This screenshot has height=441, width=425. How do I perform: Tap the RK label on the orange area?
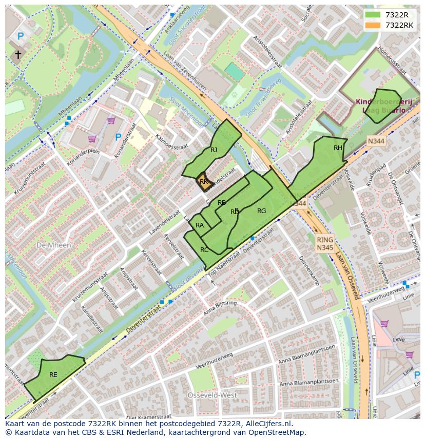(204, 182)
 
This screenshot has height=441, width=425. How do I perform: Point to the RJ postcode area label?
(214, 150)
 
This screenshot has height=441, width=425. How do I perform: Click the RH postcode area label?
(338, 148)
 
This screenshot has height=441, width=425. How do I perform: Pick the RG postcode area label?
(262, 211)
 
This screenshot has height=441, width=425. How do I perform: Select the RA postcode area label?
(200, 225)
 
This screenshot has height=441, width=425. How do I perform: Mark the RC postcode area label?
(204, 250)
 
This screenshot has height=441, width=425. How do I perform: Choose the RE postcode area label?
(53, 375)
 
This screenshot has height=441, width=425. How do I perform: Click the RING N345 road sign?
(325, 244)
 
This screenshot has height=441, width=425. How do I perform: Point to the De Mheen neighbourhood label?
(54, 245)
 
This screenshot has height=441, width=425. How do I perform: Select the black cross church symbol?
(18, 54)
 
